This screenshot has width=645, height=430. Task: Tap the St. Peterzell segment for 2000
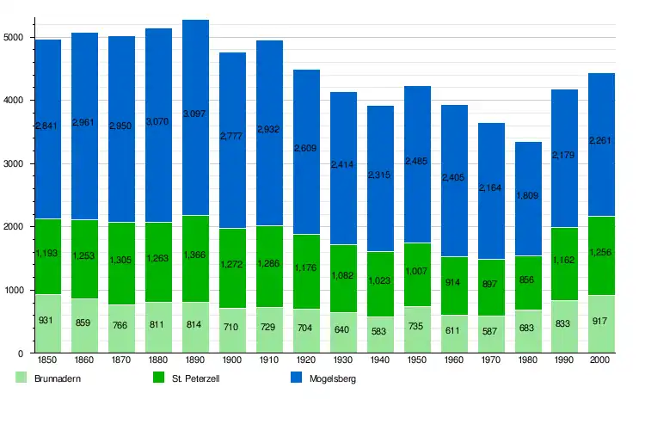(x=602, y=275)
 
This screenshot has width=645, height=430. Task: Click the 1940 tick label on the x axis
(x=380, y=361)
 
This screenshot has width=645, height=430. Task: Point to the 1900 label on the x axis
(x=233, y=361)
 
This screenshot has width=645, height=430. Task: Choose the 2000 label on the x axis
(x=602, y=361)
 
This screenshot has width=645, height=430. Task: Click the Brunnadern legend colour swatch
(x=23, y=378)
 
